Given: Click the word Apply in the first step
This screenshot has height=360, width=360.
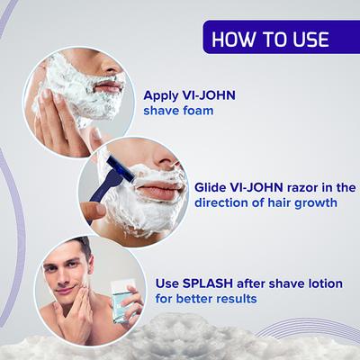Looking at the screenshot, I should pyautogui.click(x=163, y=96).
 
